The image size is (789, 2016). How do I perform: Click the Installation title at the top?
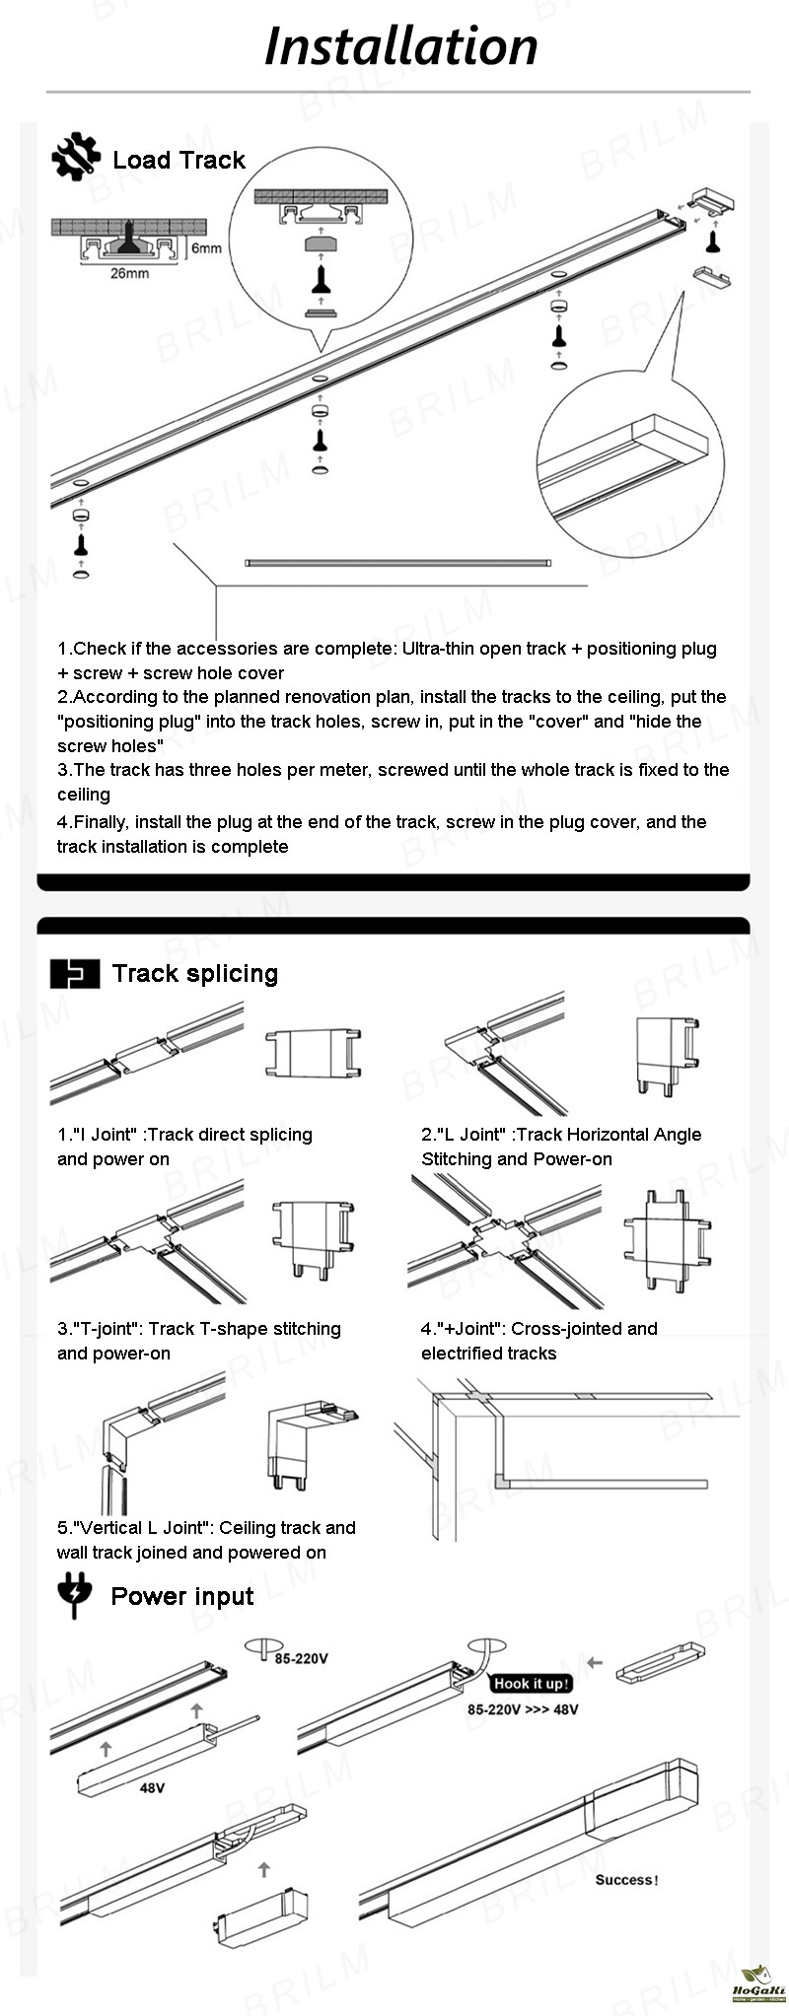pos(400,47)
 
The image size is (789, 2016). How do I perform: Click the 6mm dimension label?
pos(206,247)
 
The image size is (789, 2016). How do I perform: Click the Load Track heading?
pos(179,160)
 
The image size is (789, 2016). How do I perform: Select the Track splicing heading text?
pos(194,973)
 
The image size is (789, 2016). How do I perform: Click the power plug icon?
pos(75,1595)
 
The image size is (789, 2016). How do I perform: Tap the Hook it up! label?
pos(531,1684)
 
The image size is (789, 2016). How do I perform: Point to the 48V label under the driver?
pos(152,1787)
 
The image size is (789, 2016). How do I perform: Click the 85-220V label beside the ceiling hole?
pos(301,1658)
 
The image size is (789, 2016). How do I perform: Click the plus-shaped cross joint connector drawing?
pos(667,1239)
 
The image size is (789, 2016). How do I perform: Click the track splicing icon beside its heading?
pos(75,973)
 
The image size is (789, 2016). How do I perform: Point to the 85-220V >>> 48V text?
pos(523,1709)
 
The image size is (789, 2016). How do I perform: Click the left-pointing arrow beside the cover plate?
pos(594,1663)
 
